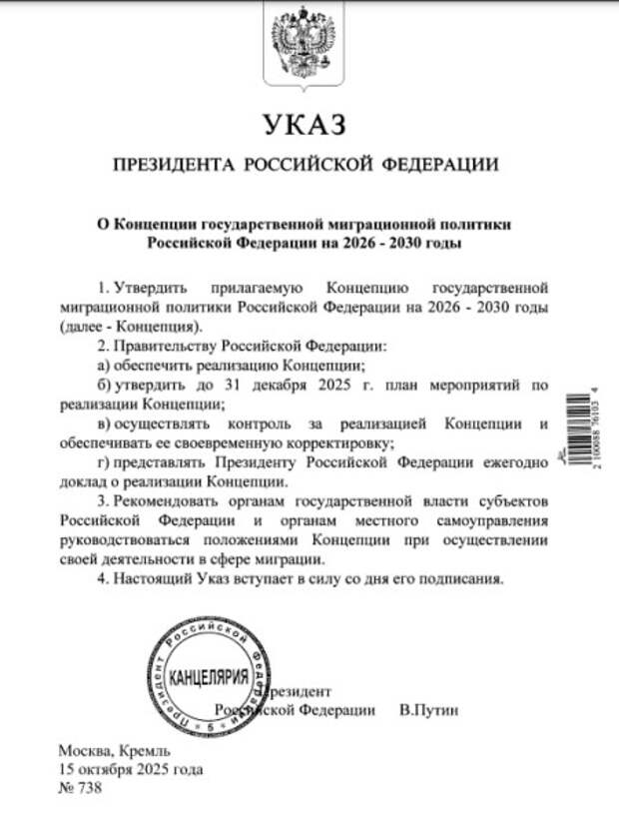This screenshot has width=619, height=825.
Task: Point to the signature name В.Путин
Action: [x=427, y=710]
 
